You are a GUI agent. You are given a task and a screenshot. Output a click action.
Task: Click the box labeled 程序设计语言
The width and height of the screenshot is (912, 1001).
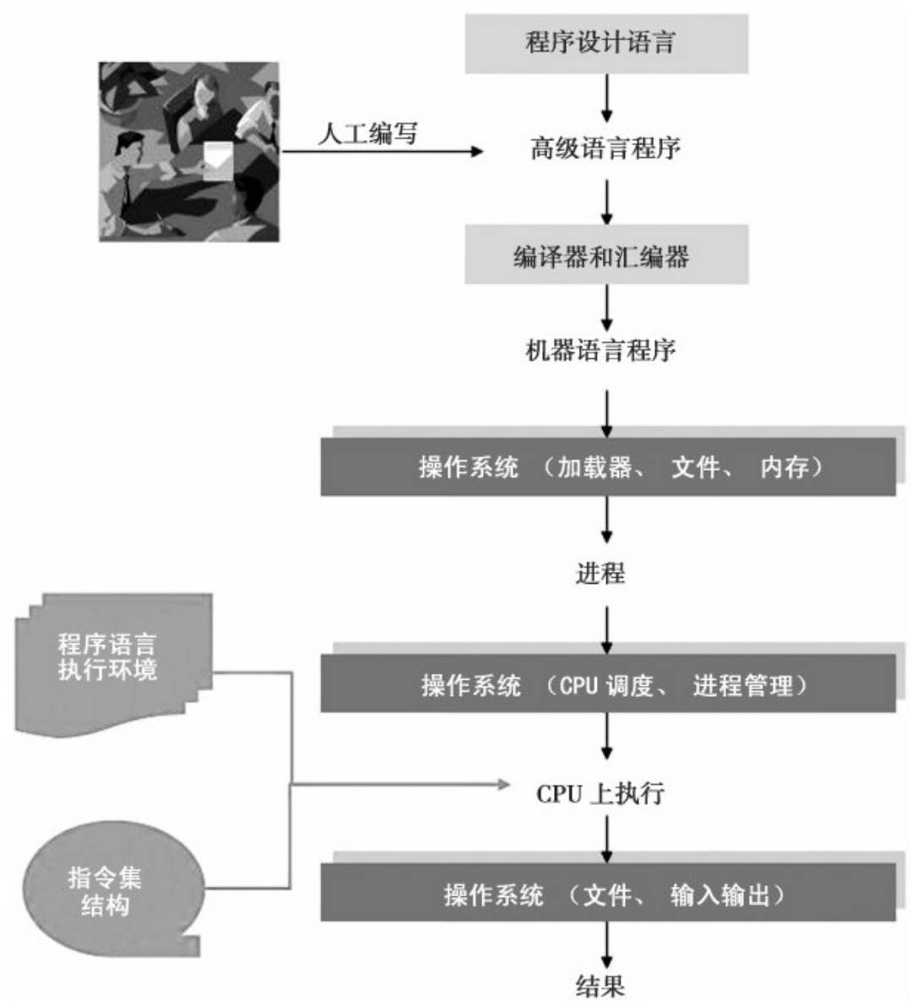pyautogui.click(x=606, y=43)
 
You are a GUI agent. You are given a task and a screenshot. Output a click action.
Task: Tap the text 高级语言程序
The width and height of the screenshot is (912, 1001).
pyautogui.click(x=605, y=150)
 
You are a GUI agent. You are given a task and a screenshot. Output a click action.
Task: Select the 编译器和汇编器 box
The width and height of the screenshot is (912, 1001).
pyautogui.click(x=606, y=255)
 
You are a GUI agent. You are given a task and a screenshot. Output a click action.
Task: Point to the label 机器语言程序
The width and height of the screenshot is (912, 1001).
pyautogui.click(x=600, y=350)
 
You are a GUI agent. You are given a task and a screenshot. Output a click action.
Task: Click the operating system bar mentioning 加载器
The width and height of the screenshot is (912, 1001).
pyautogui.click(x=608, y=466)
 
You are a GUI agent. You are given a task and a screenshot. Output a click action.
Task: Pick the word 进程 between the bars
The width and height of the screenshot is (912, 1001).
pyautogui.click(x=600, y=574)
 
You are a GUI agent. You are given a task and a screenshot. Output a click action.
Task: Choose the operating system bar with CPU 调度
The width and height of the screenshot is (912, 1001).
pyautogui.click(x=608, y=684)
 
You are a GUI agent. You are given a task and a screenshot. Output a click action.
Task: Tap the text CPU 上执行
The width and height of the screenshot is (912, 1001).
pyautogui.click(x=600, y=794)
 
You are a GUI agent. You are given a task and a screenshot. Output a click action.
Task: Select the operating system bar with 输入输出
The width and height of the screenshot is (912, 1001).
pyautogui.click(x=608, y=894)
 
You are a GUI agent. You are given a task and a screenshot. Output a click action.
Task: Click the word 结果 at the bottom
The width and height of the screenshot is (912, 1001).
pyautogui.click(x=600, y=985)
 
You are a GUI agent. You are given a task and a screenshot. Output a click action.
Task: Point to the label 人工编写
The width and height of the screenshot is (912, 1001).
pyautogui.click(x=367, y=133)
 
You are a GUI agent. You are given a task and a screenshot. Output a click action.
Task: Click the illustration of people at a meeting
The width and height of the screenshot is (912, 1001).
pyautogui.click(x=188, y=152)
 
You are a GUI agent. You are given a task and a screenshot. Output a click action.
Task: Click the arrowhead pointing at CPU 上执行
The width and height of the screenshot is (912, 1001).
pyautogui.click(x=504, y=785)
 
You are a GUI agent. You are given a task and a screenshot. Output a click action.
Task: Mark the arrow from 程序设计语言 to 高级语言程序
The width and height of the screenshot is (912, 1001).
pyautogui.click(x=606, y=98)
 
